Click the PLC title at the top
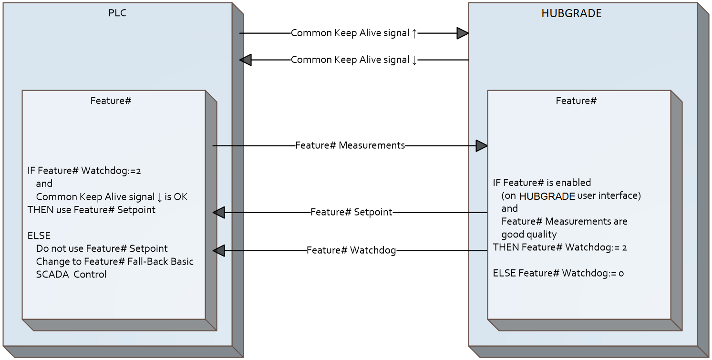[x=117, y=13]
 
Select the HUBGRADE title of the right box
[x=571, y=13]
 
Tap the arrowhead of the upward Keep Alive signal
[x=462, y=33]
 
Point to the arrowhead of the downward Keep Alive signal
[x=246, y=60]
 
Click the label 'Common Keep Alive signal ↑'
[x=354, y=33]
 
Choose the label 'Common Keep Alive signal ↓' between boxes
[x=354, y=60]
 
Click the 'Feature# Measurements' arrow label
[x=350, y=145]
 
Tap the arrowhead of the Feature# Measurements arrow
[x=481, y=146]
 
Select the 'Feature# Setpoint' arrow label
[x=351, y=212]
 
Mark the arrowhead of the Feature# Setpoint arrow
[x=219, y=213]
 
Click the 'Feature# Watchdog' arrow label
[x=351, y=250]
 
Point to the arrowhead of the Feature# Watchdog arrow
[x=219, y=251]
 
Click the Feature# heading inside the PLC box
[x=111, y=101]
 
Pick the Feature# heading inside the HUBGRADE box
[x=576, y=101]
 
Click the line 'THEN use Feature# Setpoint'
[x=92, y=210]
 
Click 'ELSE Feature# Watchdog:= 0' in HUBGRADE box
[x=558, y=273]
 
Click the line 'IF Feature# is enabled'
[x=542, y=183]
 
